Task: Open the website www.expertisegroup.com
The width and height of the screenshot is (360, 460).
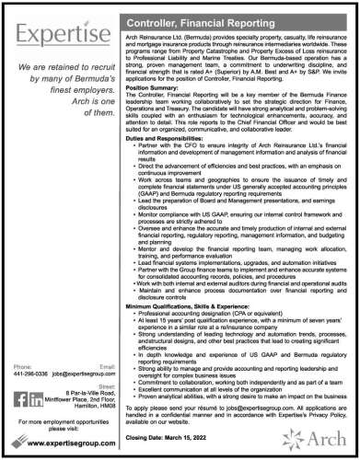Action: click(x=70, y=440)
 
